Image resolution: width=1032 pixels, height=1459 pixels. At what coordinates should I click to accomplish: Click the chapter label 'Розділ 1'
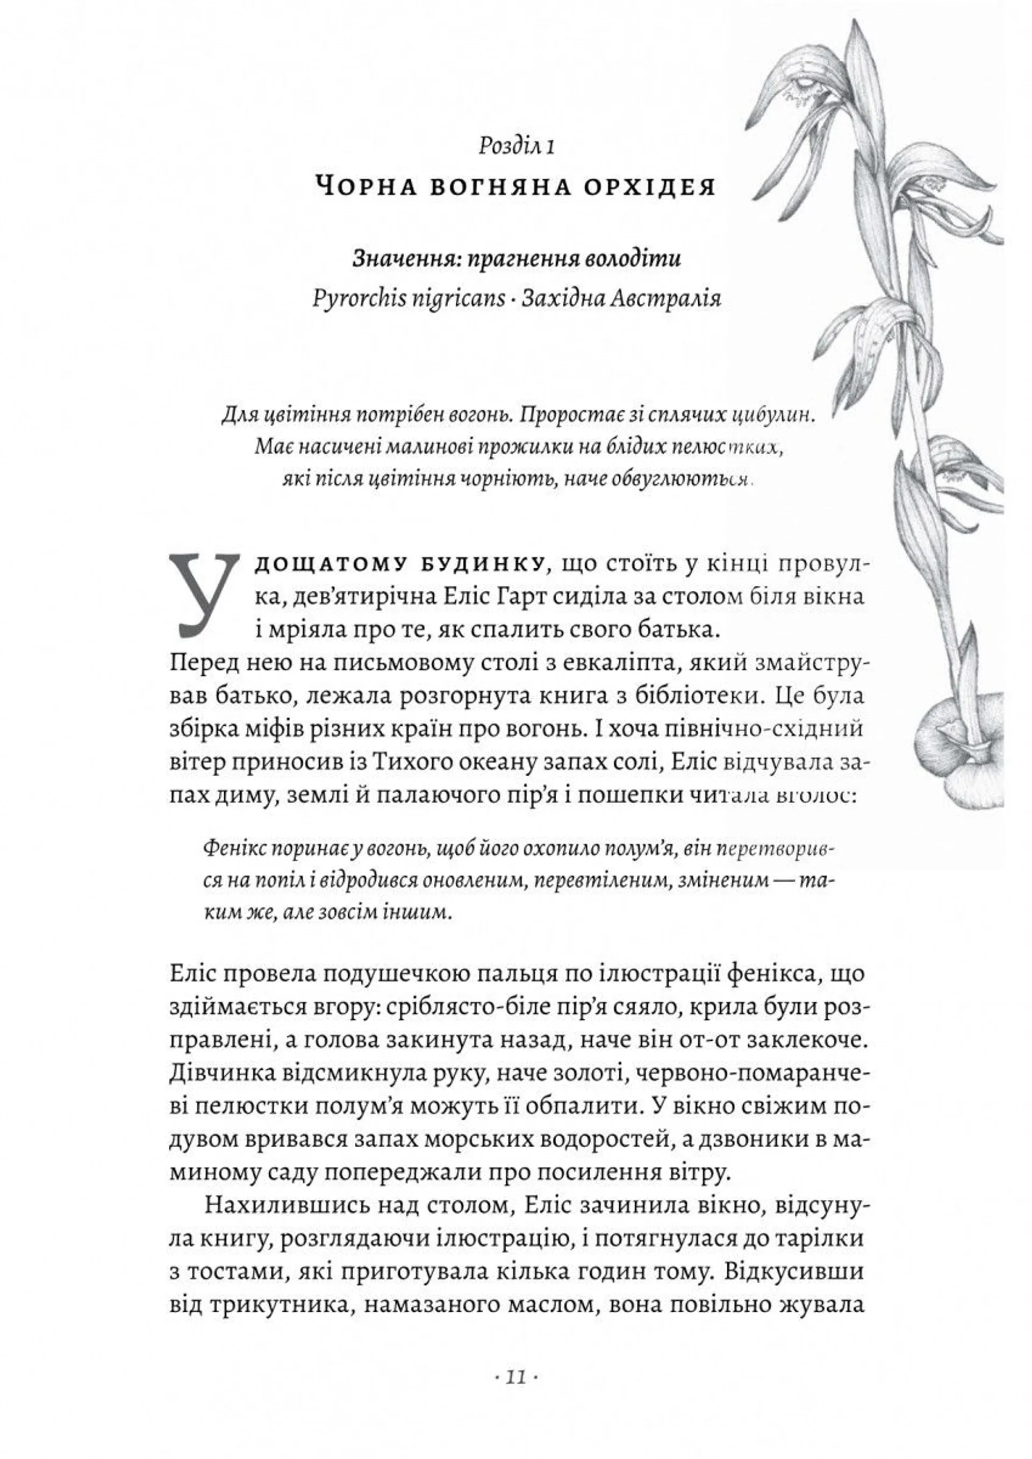(x=517, y=147)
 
